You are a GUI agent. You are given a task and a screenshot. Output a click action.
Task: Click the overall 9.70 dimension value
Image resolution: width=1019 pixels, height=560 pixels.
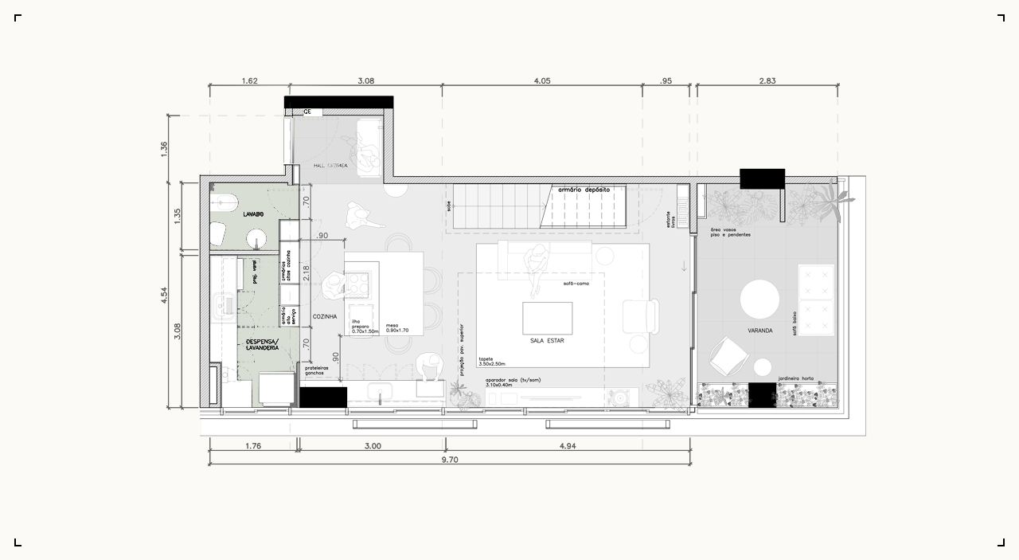click(x=450, y=460)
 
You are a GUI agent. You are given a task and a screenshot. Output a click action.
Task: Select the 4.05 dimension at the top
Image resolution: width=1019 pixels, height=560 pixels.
click(x=542, y=80)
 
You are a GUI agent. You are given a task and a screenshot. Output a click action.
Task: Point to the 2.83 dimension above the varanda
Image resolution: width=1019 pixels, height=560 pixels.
click(x=767, y=80)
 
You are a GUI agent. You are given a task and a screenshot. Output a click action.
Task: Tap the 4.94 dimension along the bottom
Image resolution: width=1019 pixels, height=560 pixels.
click(x=568, y=446)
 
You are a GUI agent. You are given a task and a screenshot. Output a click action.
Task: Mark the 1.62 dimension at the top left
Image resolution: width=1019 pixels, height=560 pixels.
click(x=248, y=80)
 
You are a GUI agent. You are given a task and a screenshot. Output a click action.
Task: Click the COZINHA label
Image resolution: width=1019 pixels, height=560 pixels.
click(x=325, y=316)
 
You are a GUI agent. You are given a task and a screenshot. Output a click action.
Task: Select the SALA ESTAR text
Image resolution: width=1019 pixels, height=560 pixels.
click(x=547, y=340)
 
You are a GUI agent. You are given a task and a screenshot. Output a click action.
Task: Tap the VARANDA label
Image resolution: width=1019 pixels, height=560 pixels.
click(x=759, y=330)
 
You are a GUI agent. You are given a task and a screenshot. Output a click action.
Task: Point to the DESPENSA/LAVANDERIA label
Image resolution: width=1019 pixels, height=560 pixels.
click(x=262, y=344)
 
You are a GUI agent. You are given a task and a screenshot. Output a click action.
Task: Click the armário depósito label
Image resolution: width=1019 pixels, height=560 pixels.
click(x=584, y=190)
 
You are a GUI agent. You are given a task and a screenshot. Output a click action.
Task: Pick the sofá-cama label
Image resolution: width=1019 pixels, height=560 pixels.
click(x=575, y=284)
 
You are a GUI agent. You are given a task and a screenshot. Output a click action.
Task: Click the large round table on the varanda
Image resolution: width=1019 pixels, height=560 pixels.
click(x=759, y=300)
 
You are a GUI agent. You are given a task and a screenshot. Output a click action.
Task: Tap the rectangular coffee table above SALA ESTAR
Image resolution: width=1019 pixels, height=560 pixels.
click(x=546, y=318)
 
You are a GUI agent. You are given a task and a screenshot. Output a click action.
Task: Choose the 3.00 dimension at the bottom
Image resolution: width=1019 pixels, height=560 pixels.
click(x=372, y=446)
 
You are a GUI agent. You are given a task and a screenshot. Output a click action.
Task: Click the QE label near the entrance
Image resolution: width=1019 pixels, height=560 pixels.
click(x=306, y=112)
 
